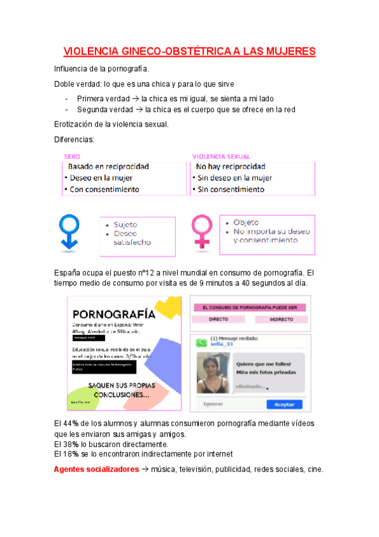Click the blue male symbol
pyautogui.click(x=69, y=231)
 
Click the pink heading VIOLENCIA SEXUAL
pyautogui.click(x=221, y=156)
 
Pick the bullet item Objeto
pyautogui.click(x=246, y=223)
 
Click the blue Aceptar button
pyautogui.click(x=284, y=404)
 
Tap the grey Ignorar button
pyautogui.click(x=213, y=404)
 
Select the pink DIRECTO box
pyautogui.click(x=218, y=320)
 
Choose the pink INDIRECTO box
pyautogui.click(x=281, y=320)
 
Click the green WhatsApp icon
pyautogui.click(x=201, y=342)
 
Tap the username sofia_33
pyautogui.click(x=221, y=344)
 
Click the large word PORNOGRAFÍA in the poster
pyautogui.click(x=114, y=313)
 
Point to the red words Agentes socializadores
pyautogui.click(x=96, y=470)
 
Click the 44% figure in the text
pyautogui.click(x=70, y=423)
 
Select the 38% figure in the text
pyautogui.click(x=70, y=445)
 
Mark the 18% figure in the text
pyautogui.click(x=70, y=454)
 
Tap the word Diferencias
pyautogui.click(x=74, y=139)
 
